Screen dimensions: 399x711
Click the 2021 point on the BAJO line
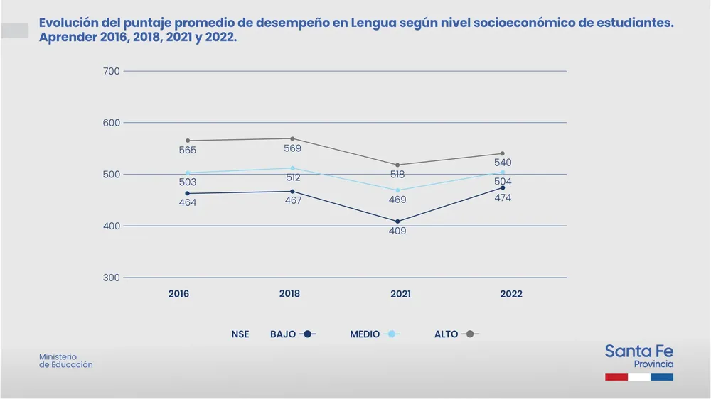pyautogui.click(x=397, y=222)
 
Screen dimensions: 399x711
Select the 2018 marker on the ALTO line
pyautogui.click(x=292, y=138)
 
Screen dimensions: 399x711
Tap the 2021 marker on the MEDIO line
pyautogui.click(x=397, y=190)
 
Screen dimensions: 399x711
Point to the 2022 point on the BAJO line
pyautogui.click(x=503, y=187)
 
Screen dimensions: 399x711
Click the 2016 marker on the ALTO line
pyautogui.click(x=188, y=141)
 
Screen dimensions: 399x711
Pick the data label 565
pyautogui.click(x=188, y=151)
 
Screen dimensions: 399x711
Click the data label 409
pyautogui.click(x=397, y=231)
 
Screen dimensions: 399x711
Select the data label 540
pyautogui.click(x=503, y=163)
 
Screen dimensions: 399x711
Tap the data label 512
pyautogui.click(x=292, y=177)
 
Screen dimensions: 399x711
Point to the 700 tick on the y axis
pyautogui.click(x=112, y=71)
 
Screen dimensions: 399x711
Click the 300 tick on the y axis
pyautogui.click(x=112, y=278)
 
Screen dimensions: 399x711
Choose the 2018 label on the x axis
pyautogui.click(x=289, y=293)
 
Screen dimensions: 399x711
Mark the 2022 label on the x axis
pyautogui.click(x=511, y=294)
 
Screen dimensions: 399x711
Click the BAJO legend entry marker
pyautogui.click(x=308, y=334)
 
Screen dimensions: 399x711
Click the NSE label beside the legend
pyautogui.click(x=240, y=334)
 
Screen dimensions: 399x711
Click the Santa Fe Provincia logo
pyautogui.click(x=638, y=361)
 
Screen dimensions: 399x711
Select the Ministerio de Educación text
pyautogui.click(x=65, y=361)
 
